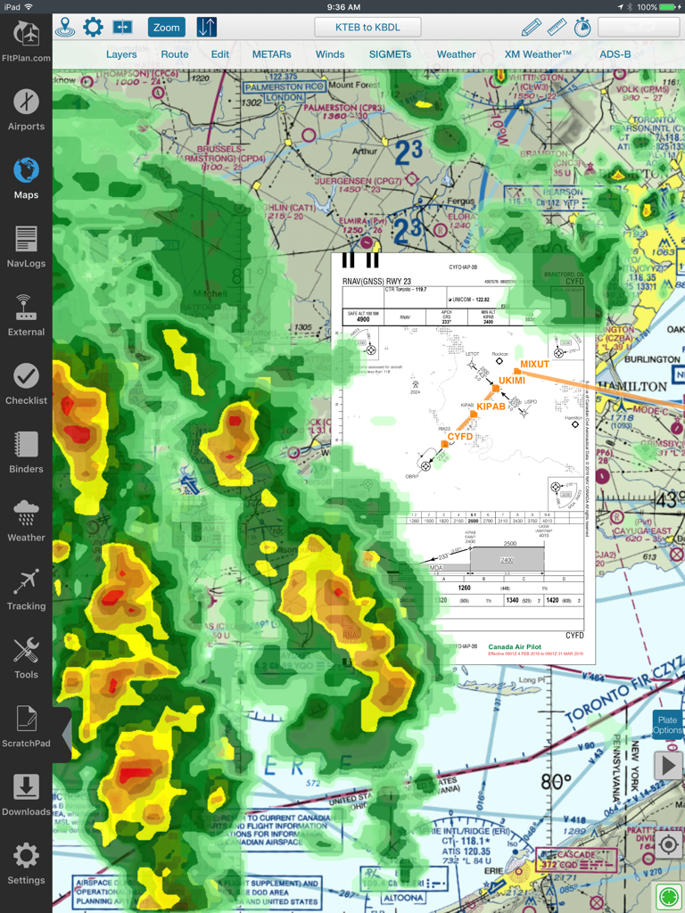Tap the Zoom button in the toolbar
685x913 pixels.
point(167,28)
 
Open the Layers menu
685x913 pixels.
point(121,54)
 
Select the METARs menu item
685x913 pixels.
point(271,54)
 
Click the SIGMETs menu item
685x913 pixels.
point(390,54)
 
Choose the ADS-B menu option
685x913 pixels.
point(615,54)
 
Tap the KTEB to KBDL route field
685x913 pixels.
point(367,28)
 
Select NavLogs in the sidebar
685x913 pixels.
point(26,247)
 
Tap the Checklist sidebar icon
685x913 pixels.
point(26,384)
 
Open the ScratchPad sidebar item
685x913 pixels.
point(26,727)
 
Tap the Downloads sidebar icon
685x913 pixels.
point(26,795)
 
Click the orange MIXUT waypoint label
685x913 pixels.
point(535,364)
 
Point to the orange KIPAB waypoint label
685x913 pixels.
point(491,407)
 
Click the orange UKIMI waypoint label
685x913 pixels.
point(513,381)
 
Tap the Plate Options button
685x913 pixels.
point(667,725)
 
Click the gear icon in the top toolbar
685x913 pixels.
point(93,28)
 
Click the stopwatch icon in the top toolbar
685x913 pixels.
point(582,28)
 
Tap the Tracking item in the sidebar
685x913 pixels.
point(26,589)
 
